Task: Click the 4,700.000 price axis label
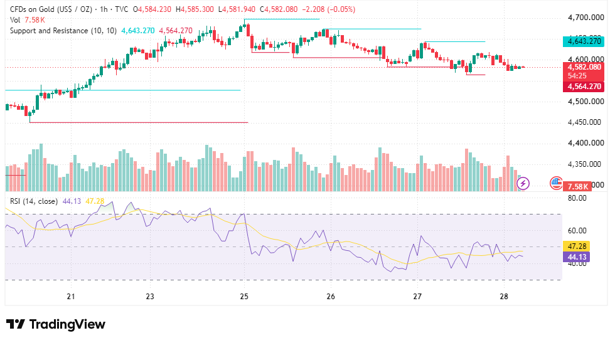tap(586, 18)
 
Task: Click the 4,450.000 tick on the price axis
tap(584, 122)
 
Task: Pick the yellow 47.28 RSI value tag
tap(577, 246)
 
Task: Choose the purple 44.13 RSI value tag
tap(577, 257)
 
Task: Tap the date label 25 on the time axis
tap(244, 297)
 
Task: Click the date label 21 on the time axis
tap(70, 297)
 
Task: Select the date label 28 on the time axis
tap(504, 297)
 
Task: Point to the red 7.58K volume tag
tap(578, 186)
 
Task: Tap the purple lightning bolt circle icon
tap(523, 183)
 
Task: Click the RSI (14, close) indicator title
tap(34, 201)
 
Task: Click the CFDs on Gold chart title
tap(51, 9)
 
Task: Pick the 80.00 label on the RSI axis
tap(577, 198)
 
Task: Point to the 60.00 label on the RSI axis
tap(577, 231)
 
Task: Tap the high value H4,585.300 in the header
tap(195, 9)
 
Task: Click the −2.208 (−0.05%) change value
tap(328, 9)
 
